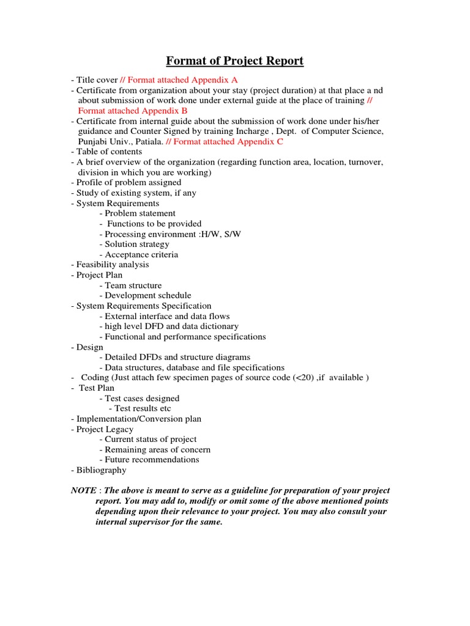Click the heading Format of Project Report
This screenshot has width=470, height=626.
click(235, 61)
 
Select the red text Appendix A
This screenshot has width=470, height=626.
click(215, 79)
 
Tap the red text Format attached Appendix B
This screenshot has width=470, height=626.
click(133, 111)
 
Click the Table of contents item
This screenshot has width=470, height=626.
click(109, 152)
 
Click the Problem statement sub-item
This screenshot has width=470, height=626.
click(140, 213)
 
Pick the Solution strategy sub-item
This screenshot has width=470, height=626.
click(137, 244)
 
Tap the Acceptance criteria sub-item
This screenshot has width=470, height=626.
click(141, 254)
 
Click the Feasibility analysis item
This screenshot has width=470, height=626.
click(113, 265)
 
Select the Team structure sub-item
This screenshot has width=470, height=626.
click(133, 285)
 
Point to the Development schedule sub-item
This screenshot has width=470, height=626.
click(148, 295)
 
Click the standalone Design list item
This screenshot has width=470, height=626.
click(89, 347)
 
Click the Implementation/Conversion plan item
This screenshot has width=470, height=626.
click(138, 419)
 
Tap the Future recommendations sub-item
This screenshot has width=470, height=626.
click(152, 460)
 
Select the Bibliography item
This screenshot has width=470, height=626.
click(101, 470)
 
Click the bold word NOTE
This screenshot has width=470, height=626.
click(84, 491)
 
